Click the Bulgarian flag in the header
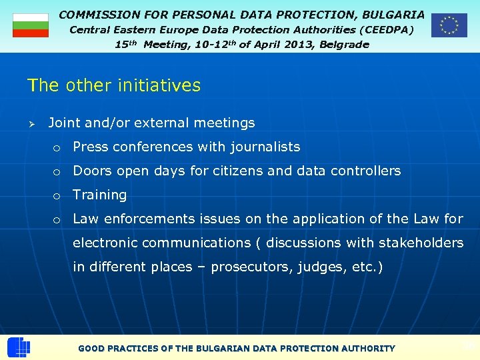click(x=31, y=25)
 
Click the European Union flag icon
click(x=449, y=25)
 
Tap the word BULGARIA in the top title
click(x=393, y=14)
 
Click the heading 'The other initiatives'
click(x=113, y=85)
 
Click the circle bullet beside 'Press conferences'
click(x=58, y=148)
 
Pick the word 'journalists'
click(x=265, y=147)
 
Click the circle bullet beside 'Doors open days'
click(x=58, y=172)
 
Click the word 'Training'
click(x=99, y=195)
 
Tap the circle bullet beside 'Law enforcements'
click(x=58, y=220)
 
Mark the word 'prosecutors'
click(x=247, y=267)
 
